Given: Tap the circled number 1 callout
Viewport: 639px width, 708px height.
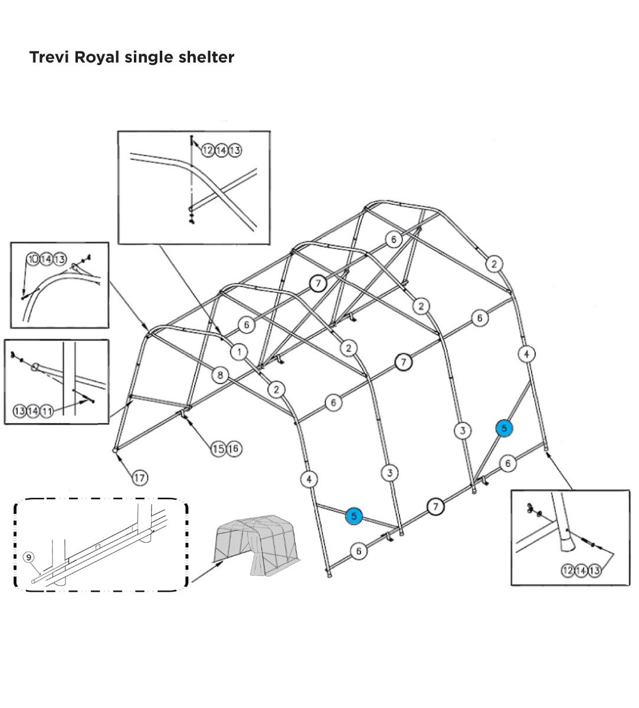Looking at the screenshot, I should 239,352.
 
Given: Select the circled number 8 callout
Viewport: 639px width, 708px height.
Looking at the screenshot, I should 220,374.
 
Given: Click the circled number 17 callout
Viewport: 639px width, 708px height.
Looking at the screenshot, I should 139,477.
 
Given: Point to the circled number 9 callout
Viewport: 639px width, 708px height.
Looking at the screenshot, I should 28,557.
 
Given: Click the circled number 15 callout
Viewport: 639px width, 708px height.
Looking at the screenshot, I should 218,449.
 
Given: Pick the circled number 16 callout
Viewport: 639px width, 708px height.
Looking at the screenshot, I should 233,449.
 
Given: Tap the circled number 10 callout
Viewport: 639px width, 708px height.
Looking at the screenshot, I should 33,259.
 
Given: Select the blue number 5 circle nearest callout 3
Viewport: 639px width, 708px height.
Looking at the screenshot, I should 353,516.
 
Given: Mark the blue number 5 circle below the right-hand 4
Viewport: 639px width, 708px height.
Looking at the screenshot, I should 504,428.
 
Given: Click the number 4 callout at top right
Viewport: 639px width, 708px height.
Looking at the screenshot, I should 526,354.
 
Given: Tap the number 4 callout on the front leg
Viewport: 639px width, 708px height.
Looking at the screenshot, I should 309,479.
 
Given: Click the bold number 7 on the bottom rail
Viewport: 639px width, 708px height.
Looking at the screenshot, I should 435,506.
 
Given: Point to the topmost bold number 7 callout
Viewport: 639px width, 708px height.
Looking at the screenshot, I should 318,283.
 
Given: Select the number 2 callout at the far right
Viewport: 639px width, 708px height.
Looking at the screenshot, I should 494,264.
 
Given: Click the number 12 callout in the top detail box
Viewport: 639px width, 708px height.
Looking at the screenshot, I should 208,150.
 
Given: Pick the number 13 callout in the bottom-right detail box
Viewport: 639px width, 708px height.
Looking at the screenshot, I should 594,570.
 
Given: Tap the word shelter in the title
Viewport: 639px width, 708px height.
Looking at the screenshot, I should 206,57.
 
